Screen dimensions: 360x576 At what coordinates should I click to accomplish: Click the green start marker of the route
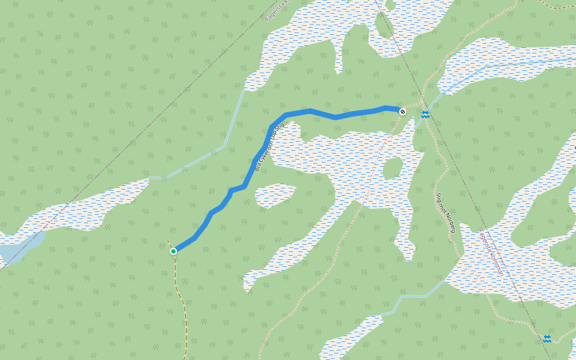(173, 251)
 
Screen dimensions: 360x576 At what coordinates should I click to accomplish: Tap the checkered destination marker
(403, 112)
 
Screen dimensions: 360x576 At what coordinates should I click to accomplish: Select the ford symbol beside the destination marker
(425, 114)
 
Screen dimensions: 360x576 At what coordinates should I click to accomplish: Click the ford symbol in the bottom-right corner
(547, 339)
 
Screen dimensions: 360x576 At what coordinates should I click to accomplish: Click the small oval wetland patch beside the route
(275, 195)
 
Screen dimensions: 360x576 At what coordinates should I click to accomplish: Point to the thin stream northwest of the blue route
(234, 120)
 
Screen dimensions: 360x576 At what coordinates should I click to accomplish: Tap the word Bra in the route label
(257, 169)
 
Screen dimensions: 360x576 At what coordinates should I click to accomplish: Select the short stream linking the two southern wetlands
(414, 296)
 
